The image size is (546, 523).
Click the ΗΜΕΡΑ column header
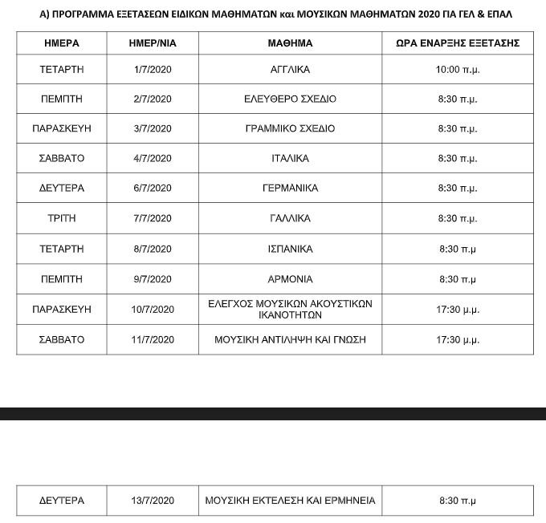pyautogui.click(x=61, y=43)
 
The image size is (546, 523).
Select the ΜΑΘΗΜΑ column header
pyautogui.click(x=290, y=43)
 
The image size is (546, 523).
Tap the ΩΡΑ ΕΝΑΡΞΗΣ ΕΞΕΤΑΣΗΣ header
pyautogui.click(x=458, y=43)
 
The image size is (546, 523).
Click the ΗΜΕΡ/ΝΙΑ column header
pyautogui.click(x=153, y=43)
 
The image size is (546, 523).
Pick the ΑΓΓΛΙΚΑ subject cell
pyautogui.click(x=290, y=70)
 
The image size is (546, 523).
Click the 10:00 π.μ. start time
pyautogui.click(x=458, y=70)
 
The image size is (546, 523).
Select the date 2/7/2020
pyautogui.click(x=153, y=99)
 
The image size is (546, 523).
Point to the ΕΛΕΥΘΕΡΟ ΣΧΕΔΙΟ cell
pyautogui.click(x=290, y=99)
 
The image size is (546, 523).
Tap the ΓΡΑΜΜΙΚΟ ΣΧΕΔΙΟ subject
pyautogui.click(x=290, y=128)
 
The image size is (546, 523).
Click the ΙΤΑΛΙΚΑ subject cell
pyautogui.click(x=290, y=159)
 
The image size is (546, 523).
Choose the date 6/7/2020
pyautogui.click(x=153, y=189)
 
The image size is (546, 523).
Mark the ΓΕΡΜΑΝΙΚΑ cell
pyautogui.click(x=290, y=189)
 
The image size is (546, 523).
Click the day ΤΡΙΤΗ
pyautogui.click(x=61, y=218)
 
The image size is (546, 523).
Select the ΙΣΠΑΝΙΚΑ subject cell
pyautogui.click(x=290, y=249)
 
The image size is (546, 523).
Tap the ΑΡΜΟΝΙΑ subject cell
pyautogui.click(x=290, y=279)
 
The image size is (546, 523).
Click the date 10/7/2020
pyautogui.click(x=153, y=309)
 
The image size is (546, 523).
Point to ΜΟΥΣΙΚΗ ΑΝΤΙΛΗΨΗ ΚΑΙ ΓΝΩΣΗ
pyautogui.click(x=290, y=339)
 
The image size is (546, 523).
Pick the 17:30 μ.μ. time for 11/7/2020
pyautogui.click(x=458, y=339)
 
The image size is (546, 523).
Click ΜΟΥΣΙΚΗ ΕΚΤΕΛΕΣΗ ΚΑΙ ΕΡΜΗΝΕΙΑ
pyautogui.click(x=290, y=501)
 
